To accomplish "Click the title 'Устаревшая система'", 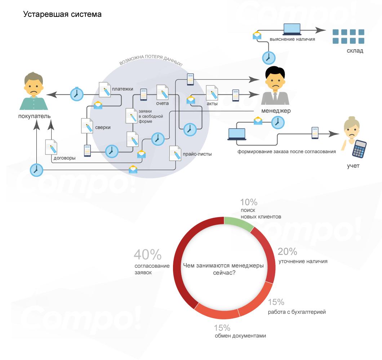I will tap(62, 15).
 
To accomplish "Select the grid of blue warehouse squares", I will tap(348, 36).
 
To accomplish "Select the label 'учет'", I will tap(353, 166).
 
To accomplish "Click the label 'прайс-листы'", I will tap(197, 154).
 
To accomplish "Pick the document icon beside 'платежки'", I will tap(105, 89).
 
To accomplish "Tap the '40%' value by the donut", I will tap(147, 255).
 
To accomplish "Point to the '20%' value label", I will tap(288, 252).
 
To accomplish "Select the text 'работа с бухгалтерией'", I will tap(297, 312).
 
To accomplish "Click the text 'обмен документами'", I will tap(240, 336).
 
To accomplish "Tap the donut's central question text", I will tap(223, 269).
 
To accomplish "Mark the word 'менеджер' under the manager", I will tap(276, 111).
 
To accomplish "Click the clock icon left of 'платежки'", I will tap(76, 94).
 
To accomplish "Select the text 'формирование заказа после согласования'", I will tap(286, 152).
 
